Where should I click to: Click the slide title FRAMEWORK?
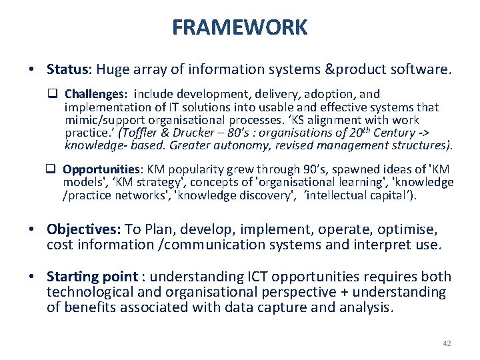(x=240, y=27)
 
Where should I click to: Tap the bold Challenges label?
(x=93, y=95)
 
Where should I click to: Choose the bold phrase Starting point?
(x=91, y=277)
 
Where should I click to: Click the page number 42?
(x=447, y=343)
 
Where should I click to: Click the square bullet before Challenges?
(x=56, y=95)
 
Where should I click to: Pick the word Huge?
(x=113, y=69)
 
